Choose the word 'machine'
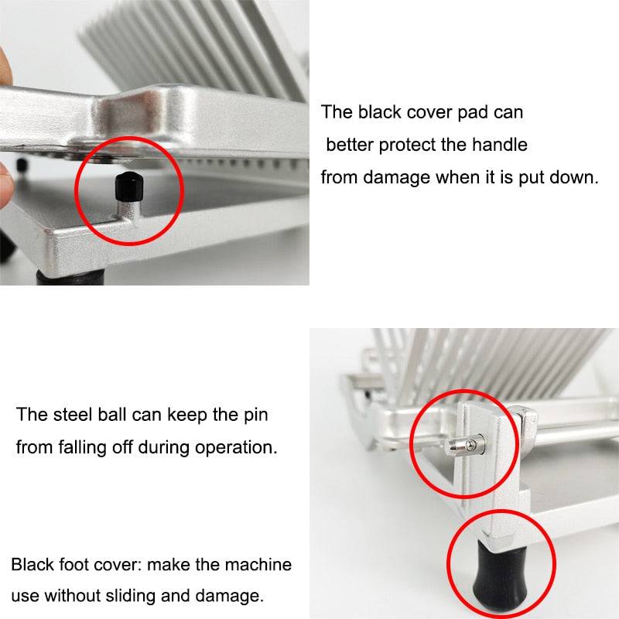(256, 564)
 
